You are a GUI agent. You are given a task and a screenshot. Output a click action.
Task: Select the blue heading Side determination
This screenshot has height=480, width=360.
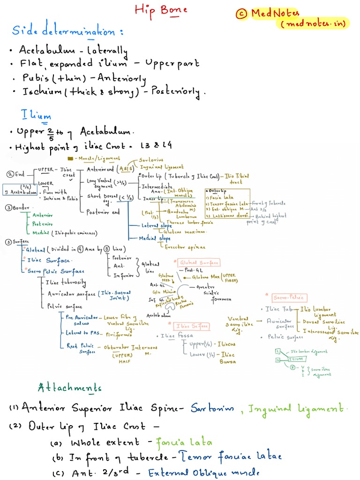point(68,32)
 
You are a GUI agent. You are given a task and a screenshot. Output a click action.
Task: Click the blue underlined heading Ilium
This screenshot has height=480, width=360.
point(36,115)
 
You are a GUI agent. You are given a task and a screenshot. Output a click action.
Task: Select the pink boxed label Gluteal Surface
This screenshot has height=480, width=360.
point(199,263)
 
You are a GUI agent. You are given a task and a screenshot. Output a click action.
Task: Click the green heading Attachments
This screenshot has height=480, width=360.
point(69,388)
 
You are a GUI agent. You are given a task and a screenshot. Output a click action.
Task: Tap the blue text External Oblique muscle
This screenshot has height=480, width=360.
point(203,473)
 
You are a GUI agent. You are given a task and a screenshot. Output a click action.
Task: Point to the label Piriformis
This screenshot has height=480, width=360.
point(117,335)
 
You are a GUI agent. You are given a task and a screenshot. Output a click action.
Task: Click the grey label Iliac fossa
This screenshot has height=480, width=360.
point(177,336)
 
